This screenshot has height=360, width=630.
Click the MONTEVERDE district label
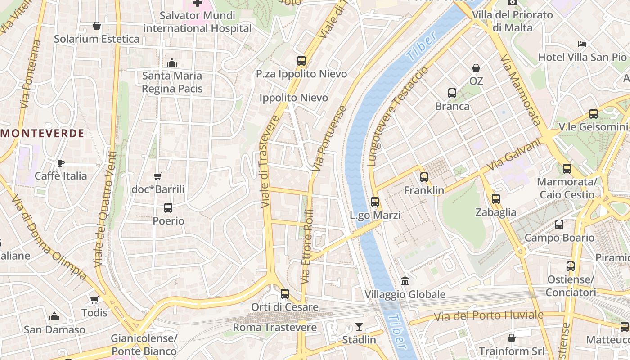tap(42, 133)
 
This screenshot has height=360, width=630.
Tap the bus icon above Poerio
tap(168, 208)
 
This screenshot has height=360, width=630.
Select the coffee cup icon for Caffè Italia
tap(61, 163)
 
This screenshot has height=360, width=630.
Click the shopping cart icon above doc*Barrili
tap(157, 176)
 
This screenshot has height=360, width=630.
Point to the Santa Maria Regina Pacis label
tap(172, 82)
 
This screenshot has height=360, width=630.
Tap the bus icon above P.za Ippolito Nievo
tap(301, 60)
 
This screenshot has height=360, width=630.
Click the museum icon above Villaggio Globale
tap(405, 281)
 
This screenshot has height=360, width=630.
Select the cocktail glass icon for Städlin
tap(359, 326)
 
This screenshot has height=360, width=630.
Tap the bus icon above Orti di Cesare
tap(285, 294)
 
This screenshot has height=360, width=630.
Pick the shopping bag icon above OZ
tap(476, 68)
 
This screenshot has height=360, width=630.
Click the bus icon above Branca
tap(452, 93)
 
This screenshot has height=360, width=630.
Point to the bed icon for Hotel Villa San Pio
tap(582, 44)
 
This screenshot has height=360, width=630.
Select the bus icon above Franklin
tap(424, 177)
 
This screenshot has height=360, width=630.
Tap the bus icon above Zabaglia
tap(496, 199)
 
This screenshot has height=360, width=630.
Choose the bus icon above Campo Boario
tap(559, 225)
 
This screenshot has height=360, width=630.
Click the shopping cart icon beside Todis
tap(94, 300)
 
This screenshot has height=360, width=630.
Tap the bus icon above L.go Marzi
tap(375, 202)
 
